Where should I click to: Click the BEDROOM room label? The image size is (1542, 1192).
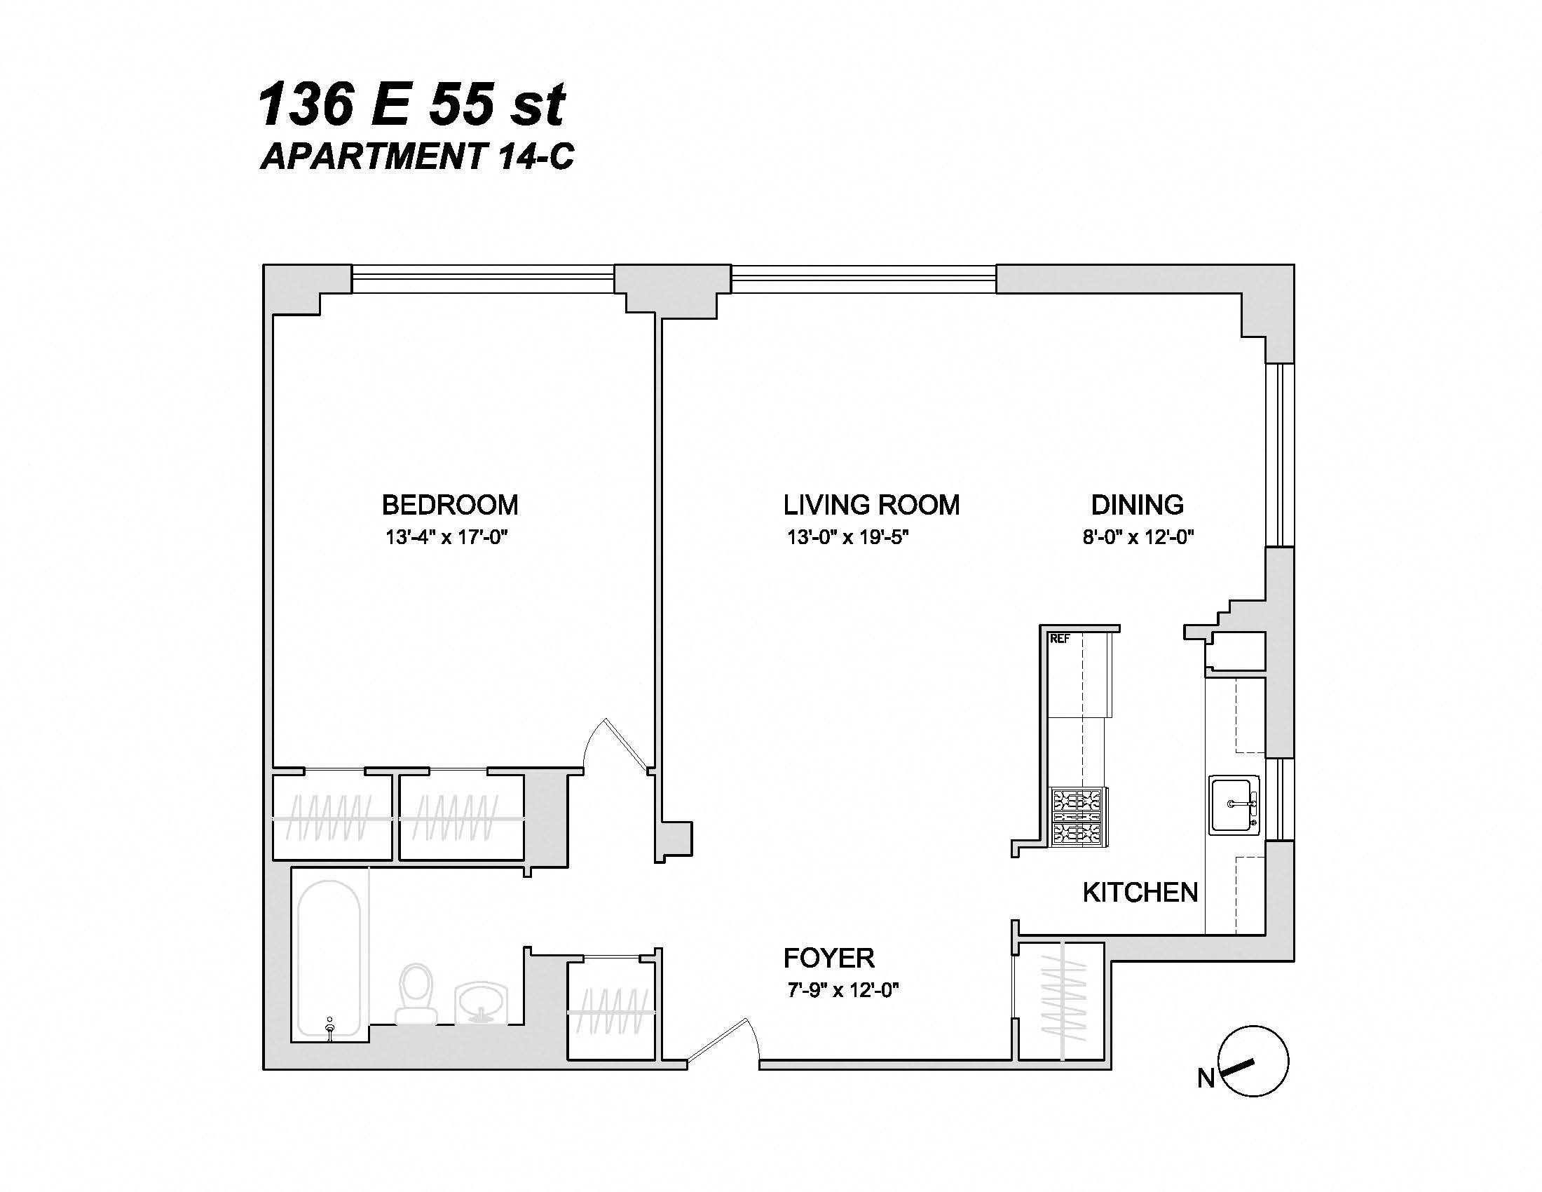pyautogui.click(x=450, y=505)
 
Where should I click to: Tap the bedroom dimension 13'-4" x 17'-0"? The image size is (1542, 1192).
pyautogui.click(x=446, y=537)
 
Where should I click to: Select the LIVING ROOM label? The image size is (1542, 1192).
pyautogui.click(x=871, y=505)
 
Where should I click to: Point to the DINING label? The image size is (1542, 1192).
pyautogui.click(x=1137, y=505)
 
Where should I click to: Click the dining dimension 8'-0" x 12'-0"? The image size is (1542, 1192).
pyautogui.click(x=1138, y=537)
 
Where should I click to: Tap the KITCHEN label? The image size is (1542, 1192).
pyautogui.click(x=1140, y=893)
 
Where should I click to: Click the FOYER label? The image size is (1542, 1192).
pyautogui.click(x=829, y=959)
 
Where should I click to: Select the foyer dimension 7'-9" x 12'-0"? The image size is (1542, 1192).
pyautogui.click(x=842, y=990)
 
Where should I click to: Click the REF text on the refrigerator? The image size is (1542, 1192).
pyautogui.click(x=1060, y=639)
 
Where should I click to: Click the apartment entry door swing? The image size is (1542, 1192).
pyautogui.click(x=724, y=1041)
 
